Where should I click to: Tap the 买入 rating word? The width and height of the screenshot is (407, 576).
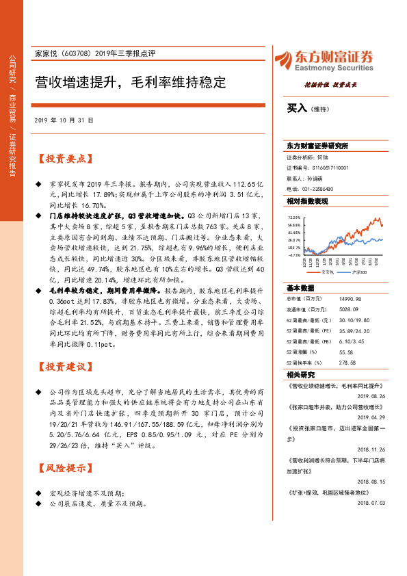pyautogui.click(x=297, y=108)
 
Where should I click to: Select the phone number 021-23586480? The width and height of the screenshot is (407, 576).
pyautogui.click(x=318, y=188)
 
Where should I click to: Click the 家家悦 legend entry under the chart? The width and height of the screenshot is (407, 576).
pyautogui.click(x=328, y=272)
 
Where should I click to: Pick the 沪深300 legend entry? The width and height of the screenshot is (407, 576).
pyautogui.click(x=360, y=272)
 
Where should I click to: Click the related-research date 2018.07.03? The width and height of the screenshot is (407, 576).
pyautogui.click(x=371, y=501)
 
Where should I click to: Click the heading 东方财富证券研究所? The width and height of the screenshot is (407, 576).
pyautogui.click(x=317, y=146)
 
